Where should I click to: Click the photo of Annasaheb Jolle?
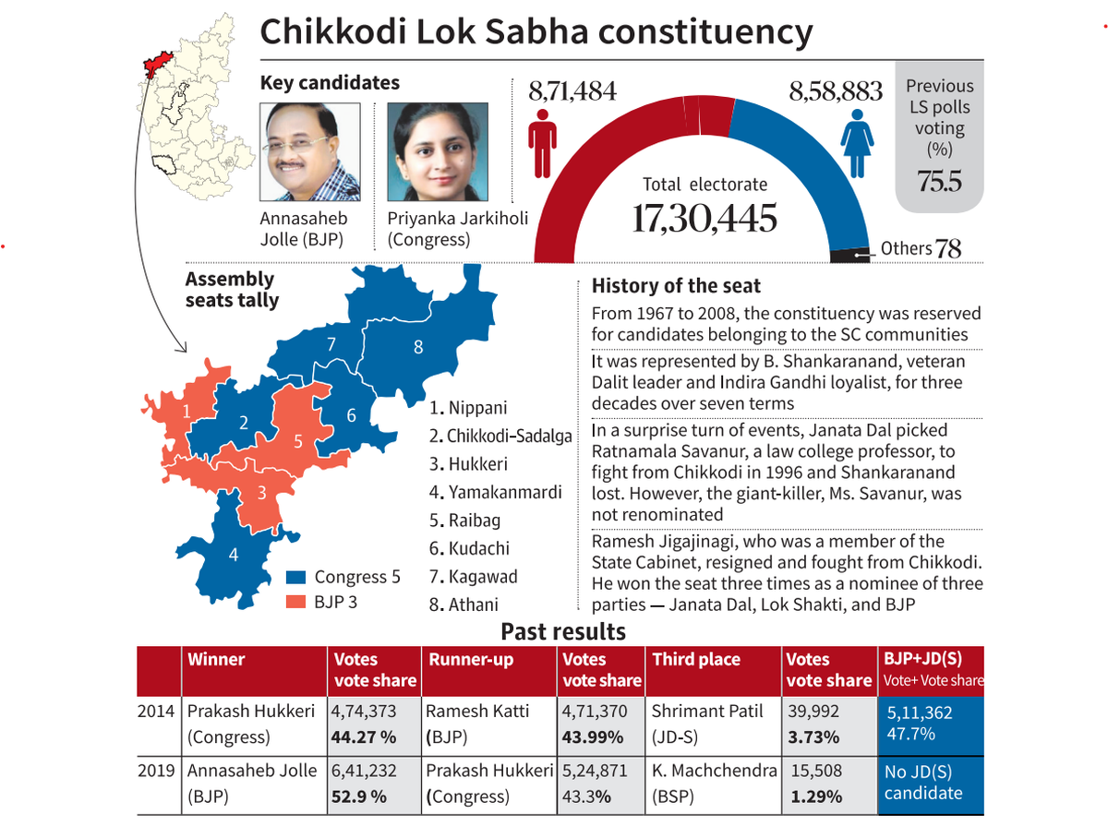[310, 152]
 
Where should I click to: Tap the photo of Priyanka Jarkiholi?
[437, 152]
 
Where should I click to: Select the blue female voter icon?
[856, 144]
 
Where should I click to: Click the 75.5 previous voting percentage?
[939, 182]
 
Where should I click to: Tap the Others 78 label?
[921, 248]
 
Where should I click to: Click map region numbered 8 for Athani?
[417, 347]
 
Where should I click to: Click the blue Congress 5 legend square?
[296, 578]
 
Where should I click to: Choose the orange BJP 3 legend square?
[296, 602]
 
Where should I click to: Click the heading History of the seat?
[676, 286]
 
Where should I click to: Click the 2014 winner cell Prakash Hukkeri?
[252, 724]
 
